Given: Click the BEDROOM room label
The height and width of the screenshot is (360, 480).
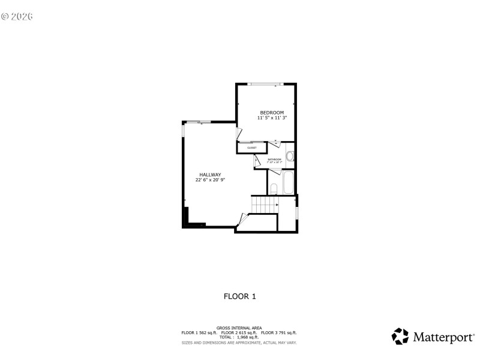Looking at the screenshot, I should pyautogui.click(x=272, y=113).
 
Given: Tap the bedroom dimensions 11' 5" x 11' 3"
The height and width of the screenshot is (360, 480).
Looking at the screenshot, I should pyautogui.click(x=272, y=118).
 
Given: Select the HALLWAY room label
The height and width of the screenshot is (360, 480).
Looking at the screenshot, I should pyautogui.click(x=210, y=175).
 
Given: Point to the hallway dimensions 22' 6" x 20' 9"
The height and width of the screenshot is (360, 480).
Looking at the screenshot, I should pyautogui.click(x=210, y=180).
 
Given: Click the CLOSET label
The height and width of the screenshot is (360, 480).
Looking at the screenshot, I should pyautogui.click(x=252, y=148).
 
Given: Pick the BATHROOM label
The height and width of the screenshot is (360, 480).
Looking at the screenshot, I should pyautogui.click(x=274, y=159).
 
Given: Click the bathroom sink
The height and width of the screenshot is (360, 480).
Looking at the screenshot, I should pyautogui.click(x=290, y=157).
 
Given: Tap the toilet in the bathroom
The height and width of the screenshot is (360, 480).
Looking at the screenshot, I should pyautogui.click(x=274, y=188).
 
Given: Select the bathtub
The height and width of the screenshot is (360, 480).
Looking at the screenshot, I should pyautogui.click(x=289, y=182).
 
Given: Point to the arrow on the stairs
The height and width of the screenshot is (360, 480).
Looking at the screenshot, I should pyautogui.click(x=277, y=205).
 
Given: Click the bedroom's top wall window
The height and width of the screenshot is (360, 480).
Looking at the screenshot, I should pyautogui.click(x=268, y=84).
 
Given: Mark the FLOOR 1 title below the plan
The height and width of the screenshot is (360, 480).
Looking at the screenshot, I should pyautogui.click(x=240, y=296).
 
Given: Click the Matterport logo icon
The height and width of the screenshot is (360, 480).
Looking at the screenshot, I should pyautogui.click(x=400, y=336).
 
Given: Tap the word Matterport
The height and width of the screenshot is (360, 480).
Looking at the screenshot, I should pyautogui.click(x=443, y=337).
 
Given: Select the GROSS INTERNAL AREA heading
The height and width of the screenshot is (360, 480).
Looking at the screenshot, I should pyautogui.click(x=239, y=328).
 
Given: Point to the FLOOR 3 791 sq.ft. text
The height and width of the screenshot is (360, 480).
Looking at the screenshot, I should pyautogui.click(x=279, y=332).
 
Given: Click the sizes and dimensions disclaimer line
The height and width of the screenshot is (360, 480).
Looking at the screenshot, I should pyautogui.click(x=239, y=343).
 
